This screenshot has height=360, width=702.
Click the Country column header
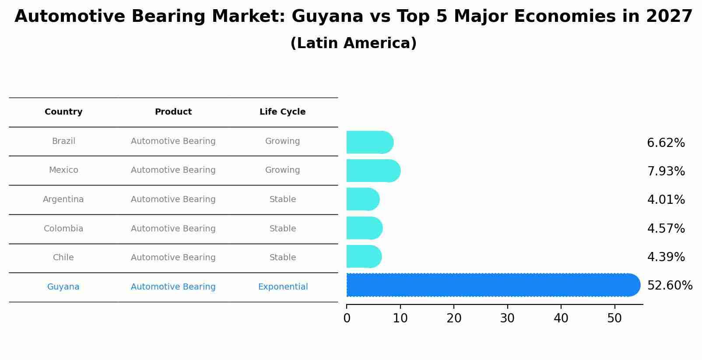click(63, 112)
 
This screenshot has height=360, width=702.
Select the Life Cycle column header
click(282, 112)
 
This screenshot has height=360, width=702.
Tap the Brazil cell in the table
click(63, 141)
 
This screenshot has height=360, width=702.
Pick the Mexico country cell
click(63, 170)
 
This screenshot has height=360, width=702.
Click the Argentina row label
click(63, 199)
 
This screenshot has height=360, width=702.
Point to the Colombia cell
click(63, 229)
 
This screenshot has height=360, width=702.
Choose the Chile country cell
click(63, 258)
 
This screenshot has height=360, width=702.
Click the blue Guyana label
click(63, 287)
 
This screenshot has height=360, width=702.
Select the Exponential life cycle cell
click(283, 287)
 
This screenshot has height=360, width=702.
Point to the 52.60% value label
click(670, 286)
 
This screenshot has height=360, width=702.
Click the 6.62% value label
click(666, 143)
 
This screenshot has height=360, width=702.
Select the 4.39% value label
click(666, 257)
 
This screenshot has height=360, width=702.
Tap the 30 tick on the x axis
click(507, 318)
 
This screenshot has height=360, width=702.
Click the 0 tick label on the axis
click(347, 318)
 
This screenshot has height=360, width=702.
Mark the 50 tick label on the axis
click(614, 318)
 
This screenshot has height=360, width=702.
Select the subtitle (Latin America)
click(353, 43)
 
